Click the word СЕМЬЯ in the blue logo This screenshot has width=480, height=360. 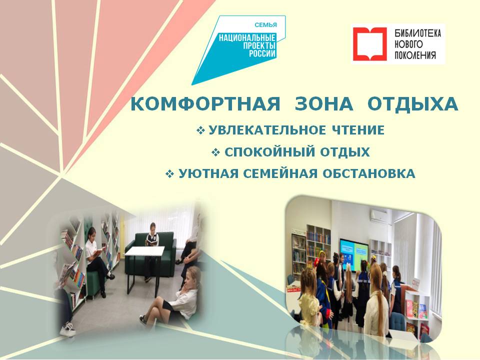tap(265, 25)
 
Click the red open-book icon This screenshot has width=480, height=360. tap(370, 44)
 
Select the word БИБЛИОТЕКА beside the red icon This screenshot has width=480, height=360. tap(418, 33)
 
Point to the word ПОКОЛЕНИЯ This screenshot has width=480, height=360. tap(415, 55)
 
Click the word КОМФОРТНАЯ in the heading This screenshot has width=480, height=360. tap(205, 104)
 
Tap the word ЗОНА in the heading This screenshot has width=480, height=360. tap(324, 104)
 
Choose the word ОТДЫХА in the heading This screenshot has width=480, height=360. tap(412, 104)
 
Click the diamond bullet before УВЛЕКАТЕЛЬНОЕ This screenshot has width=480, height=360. tap(200, 130)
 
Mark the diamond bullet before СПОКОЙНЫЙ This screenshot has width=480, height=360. tap(216, 152)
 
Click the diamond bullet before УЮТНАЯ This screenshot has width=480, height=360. tap(169, 174)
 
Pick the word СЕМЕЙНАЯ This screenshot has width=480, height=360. tap(280, 174)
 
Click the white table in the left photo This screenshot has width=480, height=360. tap(144, 251)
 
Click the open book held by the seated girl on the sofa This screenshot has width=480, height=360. tap(150, 241)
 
